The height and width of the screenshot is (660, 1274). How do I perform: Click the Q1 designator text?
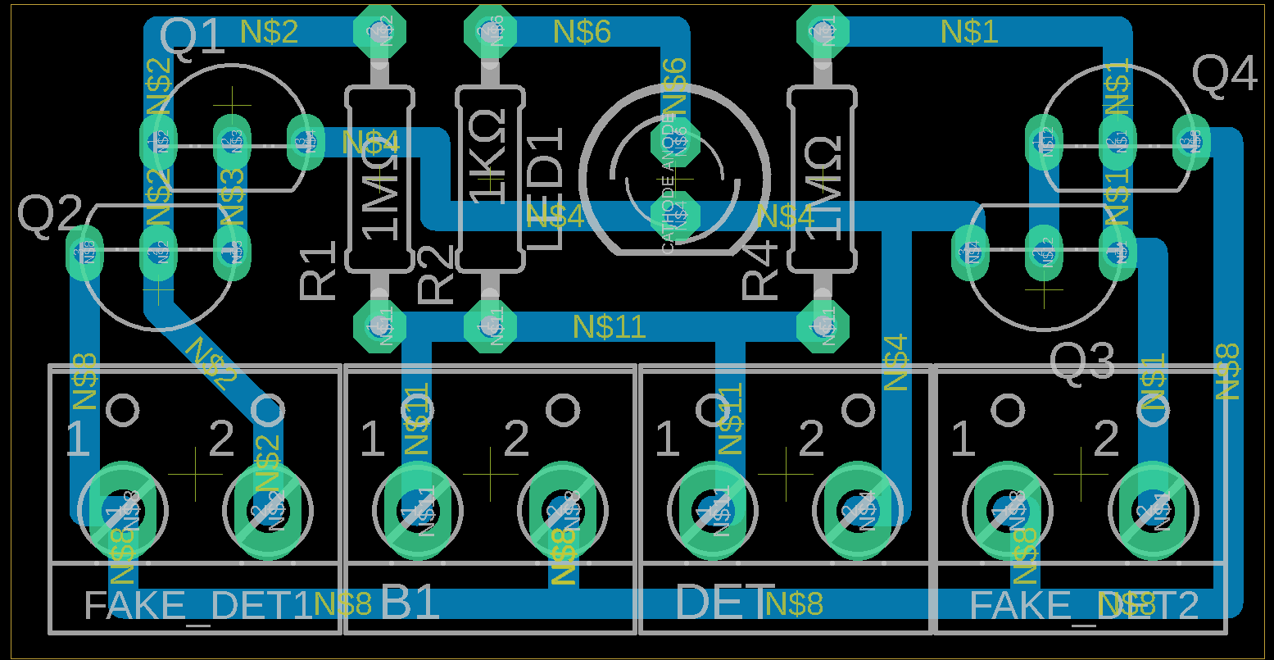click(x=192, y=38)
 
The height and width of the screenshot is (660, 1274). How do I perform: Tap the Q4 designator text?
click(x=1224, y=75)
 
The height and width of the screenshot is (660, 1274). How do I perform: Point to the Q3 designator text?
click(x=1082, y=362)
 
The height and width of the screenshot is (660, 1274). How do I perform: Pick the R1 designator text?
click(x=319, y=270)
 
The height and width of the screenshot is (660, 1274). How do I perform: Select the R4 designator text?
click(x=760, y=270)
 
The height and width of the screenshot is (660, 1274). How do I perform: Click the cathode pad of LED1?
click(x=675, y=216)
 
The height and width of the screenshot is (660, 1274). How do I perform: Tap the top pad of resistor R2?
click(x=490, y=32)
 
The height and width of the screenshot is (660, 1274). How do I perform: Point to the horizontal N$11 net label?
click(x=609, y=327)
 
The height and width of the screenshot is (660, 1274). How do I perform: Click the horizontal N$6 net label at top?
click(x=582, y=32)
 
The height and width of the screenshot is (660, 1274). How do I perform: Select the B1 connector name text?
click(x=410, y=605)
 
